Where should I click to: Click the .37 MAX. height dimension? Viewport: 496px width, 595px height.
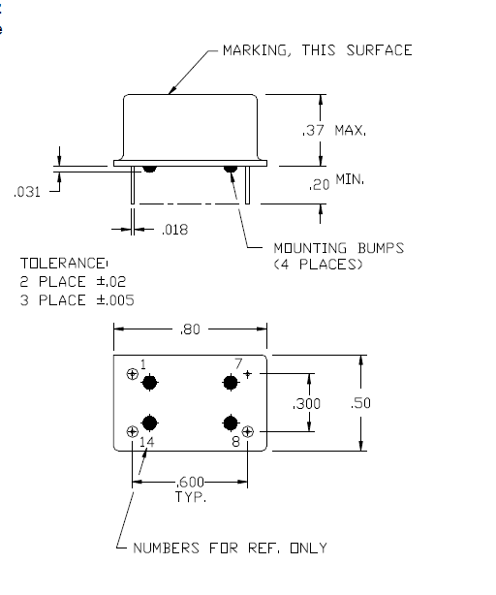[x=334, y=131]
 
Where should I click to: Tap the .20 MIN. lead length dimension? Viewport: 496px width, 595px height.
[x=336, y=182]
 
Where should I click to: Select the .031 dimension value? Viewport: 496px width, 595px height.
[x=27, y=192]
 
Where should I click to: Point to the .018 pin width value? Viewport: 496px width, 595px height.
[x=174, y=230]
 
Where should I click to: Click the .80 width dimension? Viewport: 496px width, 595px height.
[x=190, y=329]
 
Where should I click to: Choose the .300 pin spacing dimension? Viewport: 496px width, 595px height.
[x=306, y=404]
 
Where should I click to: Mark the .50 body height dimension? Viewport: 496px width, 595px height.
[x=360, y=402]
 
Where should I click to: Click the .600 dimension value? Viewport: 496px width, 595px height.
[x=190, y=483]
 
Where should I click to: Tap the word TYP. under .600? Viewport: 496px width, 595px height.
[x=191, y=497]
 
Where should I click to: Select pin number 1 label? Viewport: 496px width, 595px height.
[x=143, y=364]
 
